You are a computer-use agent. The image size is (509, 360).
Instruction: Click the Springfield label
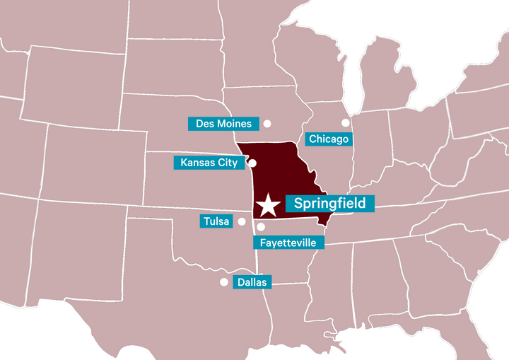(329, 204)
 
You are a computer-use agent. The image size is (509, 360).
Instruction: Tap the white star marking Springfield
(268, 205)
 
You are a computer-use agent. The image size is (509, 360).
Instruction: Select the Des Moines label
(223, 124)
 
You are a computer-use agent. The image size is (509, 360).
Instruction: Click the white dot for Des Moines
(267, 124)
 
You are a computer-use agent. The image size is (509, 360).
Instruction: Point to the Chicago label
(329, 139)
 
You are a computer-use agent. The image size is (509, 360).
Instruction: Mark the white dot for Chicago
(346, 122)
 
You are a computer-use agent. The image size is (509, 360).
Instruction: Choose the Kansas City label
(209, 163)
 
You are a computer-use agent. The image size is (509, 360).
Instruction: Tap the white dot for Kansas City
(252, 163)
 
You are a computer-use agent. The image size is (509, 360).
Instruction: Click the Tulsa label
(216, 221)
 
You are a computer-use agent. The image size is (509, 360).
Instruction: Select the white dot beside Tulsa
(242, 221)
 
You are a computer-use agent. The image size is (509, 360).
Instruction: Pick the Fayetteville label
(288, 243)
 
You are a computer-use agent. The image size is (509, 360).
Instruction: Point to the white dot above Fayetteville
(261, 227)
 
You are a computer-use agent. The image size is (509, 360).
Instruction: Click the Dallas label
(252, 281)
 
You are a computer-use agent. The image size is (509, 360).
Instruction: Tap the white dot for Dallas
(224, 281)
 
